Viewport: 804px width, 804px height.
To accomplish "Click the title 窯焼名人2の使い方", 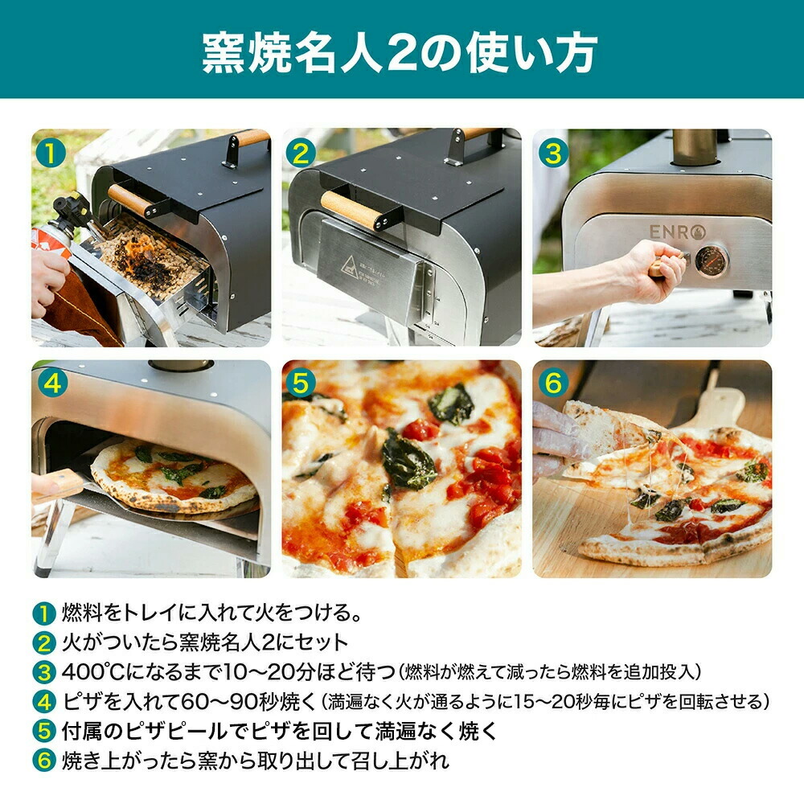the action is point(400,52).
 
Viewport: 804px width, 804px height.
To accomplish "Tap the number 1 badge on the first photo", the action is point(51,154).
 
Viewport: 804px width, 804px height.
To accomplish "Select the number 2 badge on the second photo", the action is point(301,154).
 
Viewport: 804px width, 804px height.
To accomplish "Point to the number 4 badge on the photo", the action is point(52,383).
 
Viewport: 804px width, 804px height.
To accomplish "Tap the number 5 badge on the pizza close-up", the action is point(301,383).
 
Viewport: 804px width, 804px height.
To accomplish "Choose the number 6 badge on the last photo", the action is point(553,383).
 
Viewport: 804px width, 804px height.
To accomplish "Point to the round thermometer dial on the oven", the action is point(712,260).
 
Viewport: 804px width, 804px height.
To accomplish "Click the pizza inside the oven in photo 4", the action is point(174,475).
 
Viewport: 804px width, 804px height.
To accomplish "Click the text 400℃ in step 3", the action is point(94,671).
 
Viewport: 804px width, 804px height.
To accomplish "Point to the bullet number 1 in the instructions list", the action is point(44,613).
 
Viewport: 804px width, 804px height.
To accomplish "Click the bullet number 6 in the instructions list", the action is point(44,761).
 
